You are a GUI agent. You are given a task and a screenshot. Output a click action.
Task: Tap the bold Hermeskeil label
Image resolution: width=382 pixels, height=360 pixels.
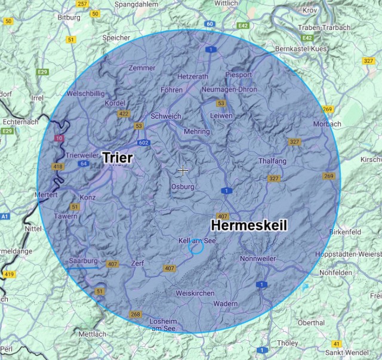pos(249,225)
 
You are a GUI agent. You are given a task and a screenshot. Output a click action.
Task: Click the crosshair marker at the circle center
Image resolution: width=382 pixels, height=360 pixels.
pos(183,170)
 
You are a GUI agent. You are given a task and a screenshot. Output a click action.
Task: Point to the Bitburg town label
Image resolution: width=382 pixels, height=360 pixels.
pos(68,18)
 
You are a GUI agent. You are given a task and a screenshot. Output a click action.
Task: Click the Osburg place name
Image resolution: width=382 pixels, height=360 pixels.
pos(183,187)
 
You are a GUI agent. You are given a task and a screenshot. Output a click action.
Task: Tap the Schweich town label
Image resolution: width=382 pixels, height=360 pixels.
pos(165,116)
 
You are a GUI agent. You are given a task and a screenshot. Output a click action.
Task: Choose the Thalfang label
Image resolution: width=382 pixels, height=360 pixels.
pos(272,161)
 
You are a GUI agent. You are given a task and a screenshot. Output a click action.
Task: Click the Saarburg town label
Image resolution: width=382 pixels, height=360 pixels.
pos(82,261)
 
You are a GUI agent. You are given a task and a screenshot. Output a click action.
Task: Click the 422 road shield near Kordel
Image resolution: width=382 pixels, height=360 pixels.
pos(124,114)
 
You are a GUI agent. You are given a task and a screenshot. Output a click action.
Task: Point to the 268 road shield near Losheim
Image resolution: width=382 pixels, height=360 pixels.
pos(135,315)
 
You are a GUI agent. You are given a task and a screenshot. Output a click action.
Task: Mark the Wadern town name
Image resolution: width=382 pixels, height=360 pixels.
pos(225,304)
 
